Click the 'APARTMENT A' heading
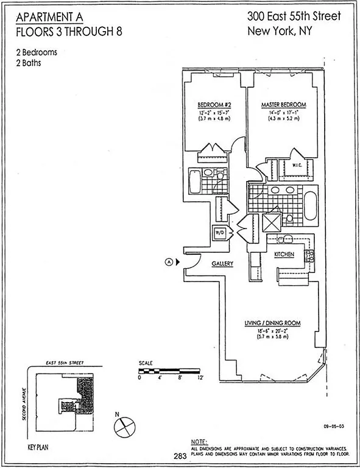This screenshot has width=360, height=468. coord(51,16)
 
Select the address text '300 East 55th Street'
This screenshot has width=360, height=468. coord(293,16)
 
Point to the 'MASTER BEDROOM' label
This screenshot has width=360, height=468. coord(283,105)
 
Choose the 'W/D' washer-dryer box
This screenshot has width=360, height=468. coord(219,232)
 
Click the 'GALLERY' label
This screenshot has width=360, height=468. coord(223,263)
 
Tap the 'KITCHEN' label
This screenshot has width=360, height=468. coord(284,253)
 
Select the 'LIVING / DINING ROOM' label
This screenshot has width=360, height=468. coord(272,322)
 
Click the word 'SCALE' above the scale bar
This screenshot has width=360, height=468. coord(146,363)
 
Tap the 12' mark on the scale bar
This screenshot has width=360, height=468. coord(200,378)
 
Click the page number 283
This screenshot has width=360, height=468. coord(179,455)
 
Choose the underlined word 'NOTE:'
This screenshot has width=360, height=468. coord(199,441)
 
